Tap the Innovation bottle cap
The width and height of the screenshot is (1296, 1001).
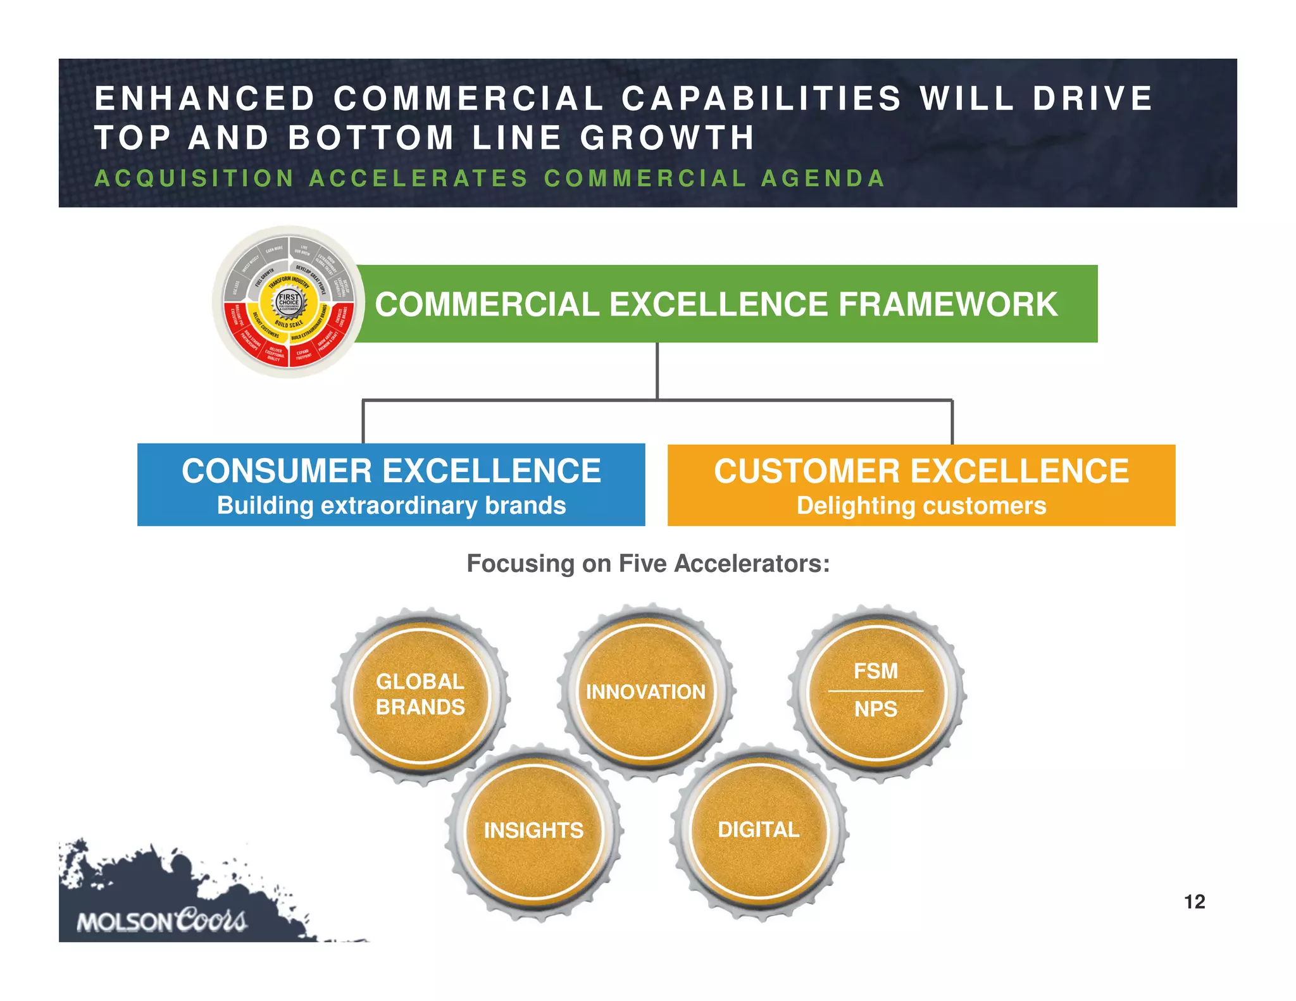coord(645,692)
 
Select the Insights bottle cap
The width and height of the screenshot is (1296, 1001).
coord(533,830)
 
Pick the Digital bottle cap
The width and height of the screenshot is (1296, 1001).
coord(759,830)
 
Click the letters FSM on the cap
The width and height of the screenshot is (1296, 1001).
coord(876,671)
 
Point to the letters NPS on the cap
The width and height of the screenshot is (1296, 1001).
coord(876,709)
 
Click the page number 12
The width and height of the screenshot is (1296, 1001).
coord(1194,902)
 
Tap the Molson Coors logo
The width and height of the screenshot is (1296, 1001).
coord(162,921)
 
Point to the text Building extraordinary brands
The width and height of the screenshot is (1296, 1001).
coord(391,506)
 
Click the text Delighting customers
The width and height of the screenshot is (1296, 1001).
coord(921,506)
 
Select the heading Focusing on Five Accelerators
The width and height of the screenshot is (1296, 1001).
coord(648,563)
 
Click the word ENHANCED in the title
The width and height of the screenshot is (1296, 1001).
coord(205,99)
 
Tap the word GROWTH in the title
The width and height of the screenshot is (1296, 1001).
coord(668,138)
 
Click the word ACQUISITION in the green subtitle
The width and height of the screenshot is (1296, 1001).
coord(194,178)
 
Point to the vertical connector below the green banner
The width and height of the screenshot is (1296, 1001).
coord(657,370)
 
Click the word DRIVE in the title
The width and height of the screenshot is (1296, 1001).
coord(1093,99)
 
